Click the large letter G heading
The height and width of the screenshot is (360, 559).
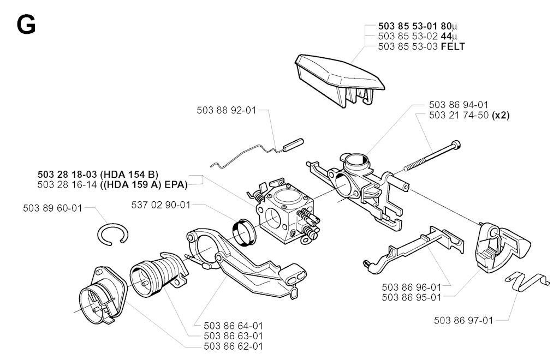(x=26, y=25)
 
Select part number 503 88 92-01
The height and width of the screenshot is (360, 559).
(x=226, y=110)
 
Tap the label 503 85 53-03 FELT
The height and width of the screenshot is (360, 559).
(x=421, y=47)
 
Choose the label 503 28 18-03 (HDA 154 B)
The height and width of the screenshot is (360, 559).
(x=98, y=175)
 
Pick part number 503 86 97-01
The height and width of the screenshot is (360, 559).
(x=463, y=321)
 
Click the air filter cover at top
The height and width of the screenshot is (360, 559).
(x=339, y=76)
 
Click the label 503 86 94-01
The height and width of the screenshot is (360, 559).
(x=459, y=105)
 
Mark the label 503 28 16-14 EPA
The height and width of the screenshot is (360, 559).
(x=112, y=185)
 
